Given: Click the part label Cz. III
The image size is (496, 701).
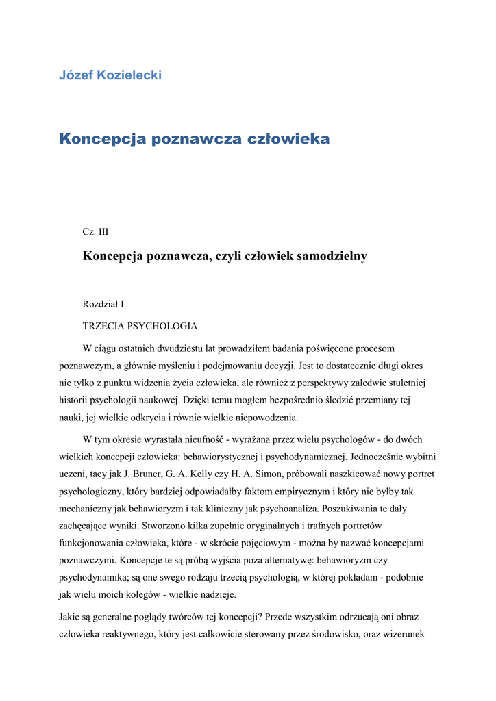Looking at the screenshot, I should pos(95,232).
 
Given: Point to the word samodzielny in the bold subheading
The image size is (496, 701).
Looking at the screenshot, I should pos(332,256).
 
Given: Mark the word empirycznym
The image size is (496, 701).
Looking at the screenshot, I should pos(312,492).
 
